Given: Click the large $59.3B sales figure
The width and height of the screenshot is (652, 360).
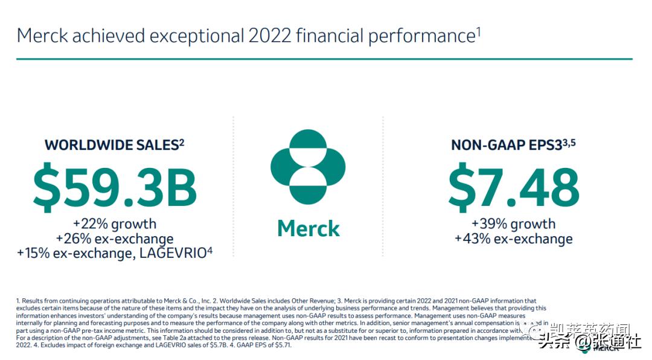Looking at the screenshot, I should (115, 188).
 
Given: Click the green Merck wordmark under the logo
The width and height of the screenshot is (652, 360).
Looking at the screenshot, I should (308, 229).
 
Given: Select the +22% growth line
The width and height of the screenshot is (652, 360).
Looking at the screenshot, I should (115, 224).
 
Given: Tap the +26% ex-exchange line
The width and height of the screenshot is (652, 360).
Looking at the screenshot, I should (115, 239).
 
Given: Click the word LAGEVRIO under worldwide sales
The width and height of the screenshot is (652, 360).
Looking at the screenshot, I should (173, 254).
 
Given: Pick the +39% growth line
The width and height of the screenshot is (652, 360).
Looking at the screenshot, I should (513, 224).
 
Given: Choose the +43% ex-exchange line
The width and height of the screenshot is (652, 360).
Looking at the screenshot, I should (513, 239).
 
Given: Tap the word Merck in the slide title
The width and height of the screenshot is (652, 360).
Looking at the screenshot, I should (42, 36).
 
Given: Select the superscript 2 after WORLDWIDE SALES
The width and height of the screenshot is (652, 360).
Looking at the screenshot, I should (181, 142).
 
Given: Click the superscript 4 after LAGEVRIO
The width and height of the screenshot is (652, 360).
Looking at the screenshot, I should (209, 250).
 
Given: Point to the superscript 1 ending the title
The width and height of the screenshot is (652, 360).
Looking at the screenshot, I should (478, 30).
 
